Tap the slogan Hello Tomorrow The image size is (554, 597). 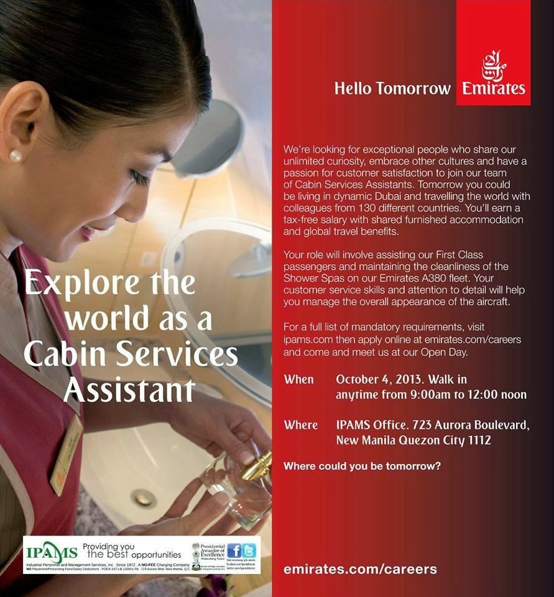[392, 88]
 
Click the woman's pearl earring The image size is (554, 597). [16, 155]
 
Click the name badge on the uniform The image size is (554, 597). [67, 453]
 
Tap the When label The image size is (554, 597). [299, 379]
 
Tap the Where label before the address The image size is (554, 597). [301, 425]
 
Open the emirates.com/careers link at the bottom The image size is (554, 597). [360, 568]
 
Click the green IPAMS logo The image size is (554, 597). [52, 552]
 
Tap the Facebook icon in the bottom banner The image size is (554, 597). [234, 550]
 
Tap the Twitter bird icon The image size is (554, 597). [249, 550]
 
